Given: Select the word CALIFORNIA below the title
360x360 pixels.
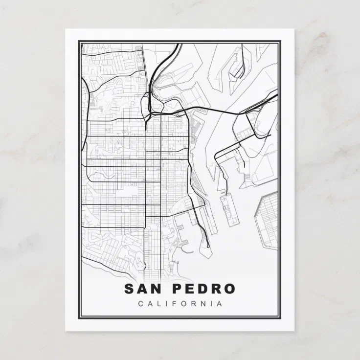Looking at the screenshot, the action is tap(180, 304).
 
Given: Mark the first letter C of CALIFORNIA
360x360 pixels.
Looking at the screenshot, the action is tap(141, 304).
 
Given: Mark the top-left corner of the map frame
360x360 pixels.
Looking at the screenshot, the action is tap(80, 43).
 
